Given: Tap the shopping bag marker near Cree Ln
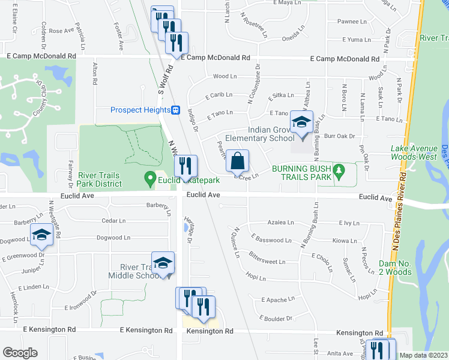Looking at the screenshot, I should click(238, 161).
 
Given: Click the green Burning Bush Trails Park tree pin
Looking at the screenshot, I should click(339, 170).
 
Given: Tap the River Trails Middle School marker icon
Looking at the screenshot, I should click(163, 263).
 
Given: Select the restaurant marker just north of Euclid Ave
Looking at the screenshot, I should click(186, 165).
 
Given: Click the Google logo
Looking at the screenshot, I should click(20, 353).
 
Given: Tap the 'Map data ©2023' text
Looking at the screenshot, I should click(423, 355).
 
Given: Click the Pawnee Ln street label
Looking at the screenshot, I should click(352, 22).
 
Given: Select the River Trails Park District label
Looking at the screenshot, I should click(99, 179).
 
